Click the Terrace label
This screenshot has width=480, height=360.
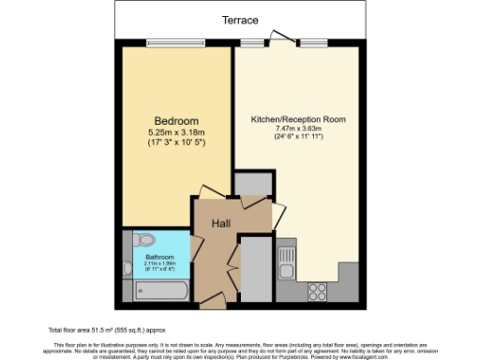point(241,20)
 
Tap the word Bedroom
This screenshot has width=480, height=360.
point(175,122)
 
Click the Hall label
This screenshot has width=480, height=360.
point(221,223)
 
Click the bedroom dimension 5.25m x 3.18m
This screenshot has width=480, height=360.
point(175,135)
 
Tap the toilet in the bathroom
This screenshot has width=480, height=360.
point(143,239)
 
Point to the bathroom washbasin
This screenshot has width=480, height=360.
point(127,268)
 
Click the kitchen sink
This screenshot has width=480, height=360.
point(287,255)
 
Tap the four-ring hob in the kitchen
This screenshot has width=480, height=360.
point(316,291)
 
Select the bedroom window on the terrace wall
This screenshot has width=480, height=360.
point(175,42)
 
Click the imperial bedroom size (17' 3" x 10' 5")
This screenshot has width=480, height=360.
point(175,145)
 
